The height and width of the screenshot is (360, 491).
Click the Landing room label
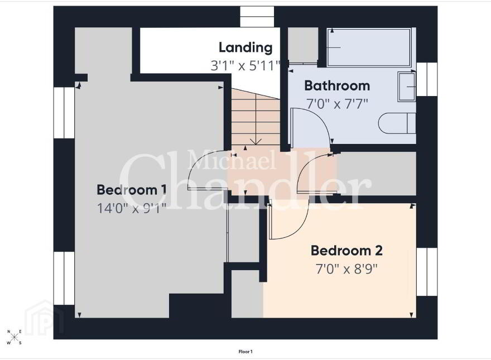click(245, 47)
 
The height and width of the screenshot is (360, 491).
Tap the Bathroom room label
click(337, 85)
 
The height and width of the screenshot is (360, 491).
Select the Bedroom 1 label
click(132, 190)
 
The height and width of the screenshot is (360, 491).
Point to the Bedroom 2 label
click(346, 251)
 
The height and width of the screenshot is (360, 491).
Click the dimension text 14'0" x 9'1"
click(132, 208)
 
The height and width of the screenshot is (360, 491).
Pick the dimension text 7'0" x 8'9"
click(346, 269)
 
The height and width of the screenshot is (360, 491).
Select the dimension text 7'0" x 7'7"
click(337, 104)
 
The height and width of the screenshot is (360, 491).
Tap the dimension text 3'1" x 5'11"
click(245, 66)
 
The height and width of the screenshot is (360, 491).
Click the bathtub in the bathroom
click(369, 47)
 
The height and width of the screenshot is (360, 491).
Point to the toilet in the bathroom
click(397, 123)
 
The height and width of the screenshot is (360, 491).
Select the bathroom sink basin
click(406, 87)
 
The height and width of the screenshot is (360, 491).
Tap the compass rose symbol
click(15, 337)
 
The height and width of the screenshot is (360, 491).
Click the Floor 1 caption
click(245, 352)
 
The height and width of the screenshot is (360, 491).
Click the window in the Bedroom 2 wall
click(427, 272)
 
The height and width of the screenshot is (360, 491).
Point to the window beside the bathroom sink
click(427, 79)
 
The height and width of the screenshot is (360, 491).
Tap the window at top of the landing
click(257, 17)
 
